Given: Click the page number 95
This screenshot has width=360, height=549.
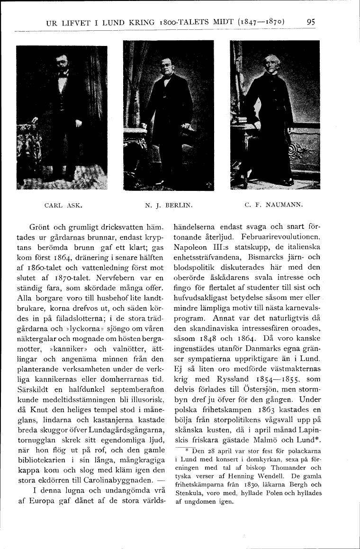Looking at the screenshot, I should pos(311,21).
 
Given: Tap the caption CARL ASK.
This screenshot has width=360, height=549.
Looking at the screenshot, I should pos(63,206).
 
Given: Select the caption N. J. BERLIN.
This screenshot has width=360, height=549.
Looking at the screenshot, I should pos(168,206).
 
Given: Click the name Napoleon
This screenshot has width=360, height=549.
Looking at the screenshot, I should pos(194,247).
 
